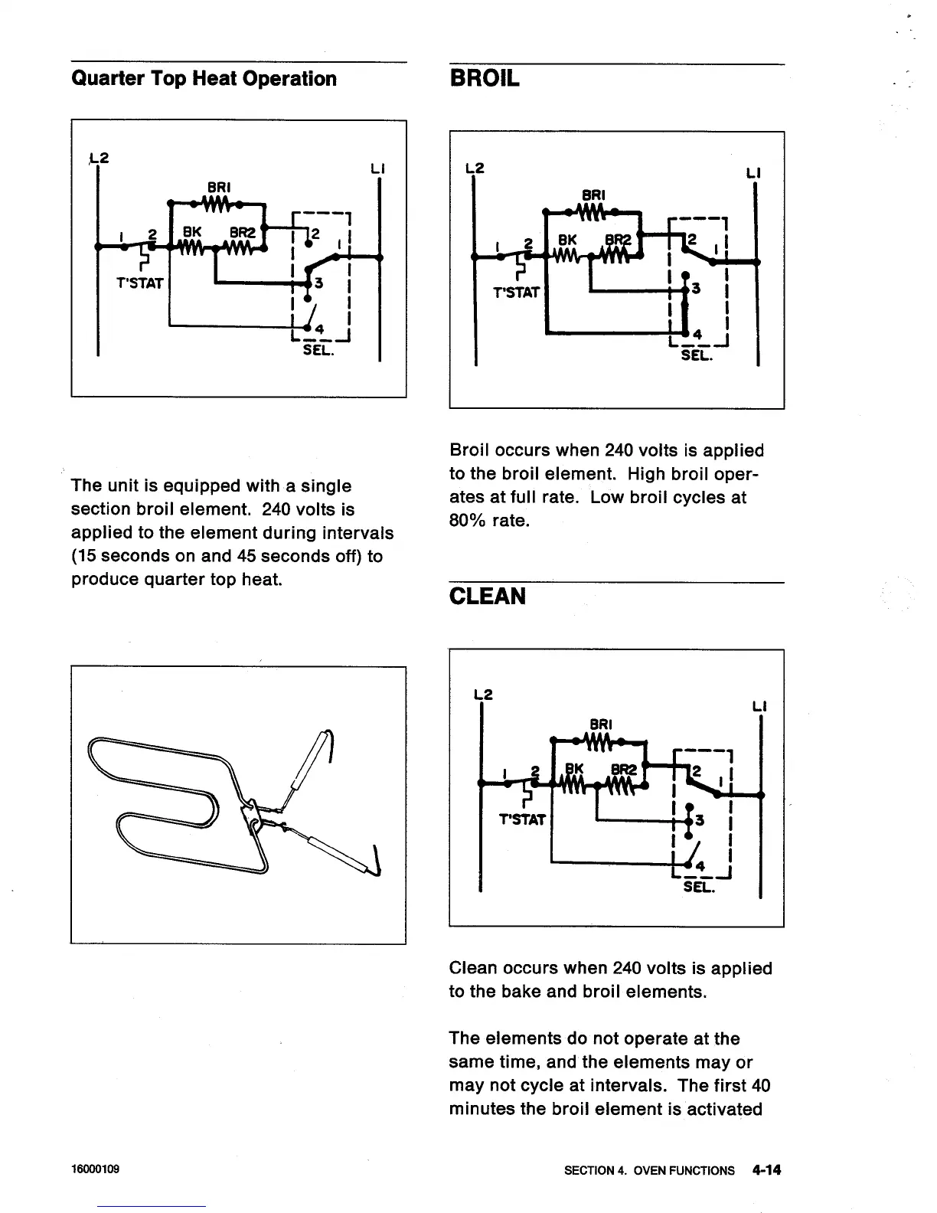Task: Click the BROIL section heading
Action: pos(485,79)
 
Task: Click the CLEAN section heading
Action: pos(488,597)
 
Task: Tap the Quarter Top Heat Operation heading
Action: pos(204,79)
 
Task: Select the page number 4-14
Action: pos(766,1170)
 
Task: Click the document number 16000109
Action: pos(95,1171)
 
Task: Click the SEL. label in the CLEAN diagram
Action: pos(698,888)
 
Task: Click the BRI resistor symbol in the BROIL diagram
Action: pos(594,210)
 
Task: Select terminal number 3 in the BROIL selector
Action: pos(696,289)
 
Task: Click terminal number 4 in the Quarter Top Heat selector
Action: pos(319,329)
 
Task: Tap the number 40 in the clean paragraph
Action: pos(761,1086)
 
